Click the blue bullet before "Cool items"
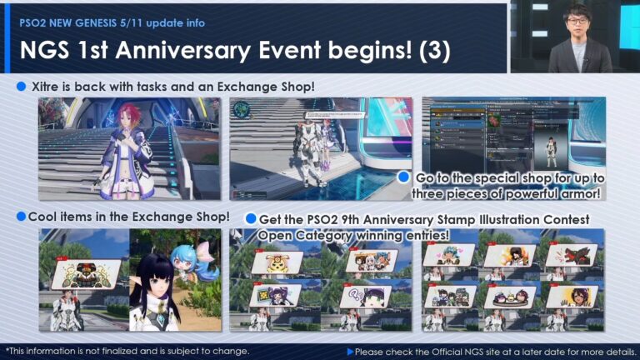pos(22,217)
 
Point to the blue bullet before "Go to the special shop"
pos(404,177)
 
